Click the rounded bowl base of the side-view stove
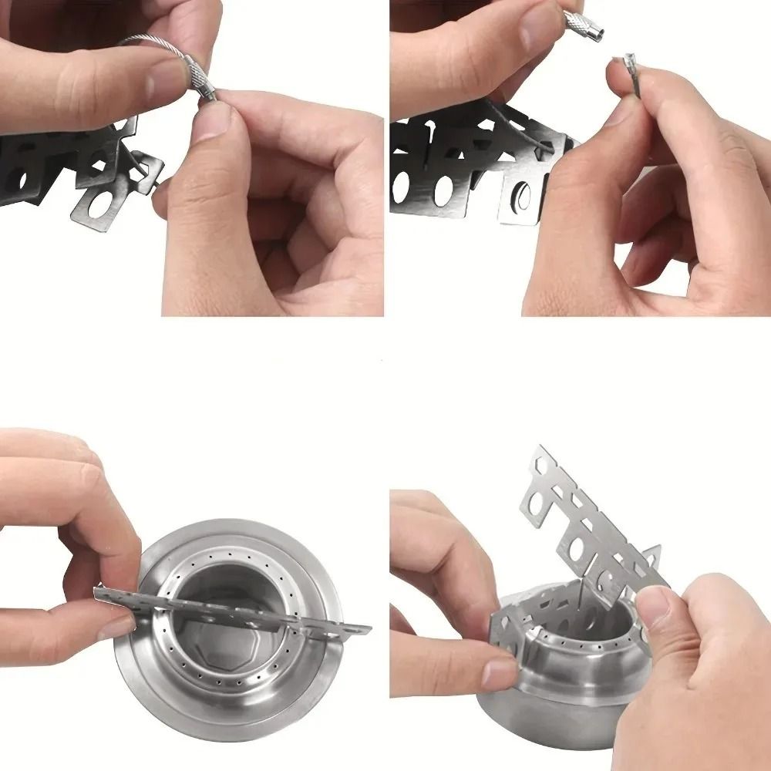point(540,717)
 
